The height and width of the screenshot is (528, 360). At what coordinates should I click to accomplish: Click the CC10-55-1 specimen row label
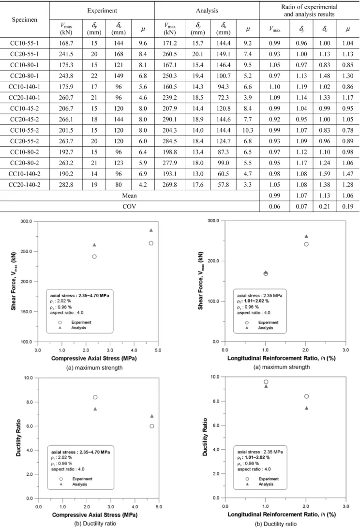coord(24,43)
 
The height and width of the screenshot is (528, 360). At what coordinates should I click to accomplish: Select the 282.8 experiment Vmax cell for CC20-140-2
coord(66,184)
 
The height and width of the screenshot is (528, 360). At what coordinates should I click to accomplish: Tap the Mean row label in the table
coord(129,196)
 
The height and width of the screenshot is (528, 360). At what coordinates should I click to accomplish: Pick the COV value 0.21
coord(325,207)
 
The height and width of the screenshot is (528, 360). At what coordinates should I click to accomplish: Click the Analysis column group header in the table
coord(207,11)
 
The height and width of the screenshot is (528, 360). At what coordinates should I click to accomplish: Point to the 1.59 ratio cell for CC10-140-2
coord(325,174)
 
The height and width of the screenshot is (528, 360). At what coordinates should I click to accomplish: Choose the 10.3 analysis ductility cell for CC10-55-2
coord(248,130)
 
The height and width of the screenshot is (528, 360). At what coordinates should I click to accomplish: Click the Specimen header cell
coord(25,19)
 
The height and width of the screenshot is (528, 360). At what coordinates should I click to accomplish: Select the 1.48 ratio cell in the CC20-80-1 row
coord(325,76)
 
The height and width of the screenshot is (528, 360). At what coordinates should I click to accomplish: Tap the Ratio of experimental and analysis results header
coord(309,11)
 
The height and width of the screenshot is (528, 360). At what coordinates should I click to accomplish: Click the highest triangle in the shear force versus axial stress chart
coord(151,230)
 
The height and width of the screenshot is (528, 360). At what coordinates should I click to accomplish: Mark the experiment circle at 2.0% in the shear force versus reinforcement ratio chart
coord(306,244)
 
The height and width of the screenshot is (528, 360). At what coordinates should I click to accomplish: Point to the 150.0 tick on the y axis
coord(26,312)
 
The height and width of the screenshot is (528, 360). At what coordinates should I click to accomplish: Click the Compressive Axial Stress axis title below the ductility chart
coord(95,515)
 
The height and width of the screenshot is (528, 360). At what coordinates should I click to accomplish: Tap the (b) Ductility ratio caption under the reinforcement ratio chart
coord(276,524)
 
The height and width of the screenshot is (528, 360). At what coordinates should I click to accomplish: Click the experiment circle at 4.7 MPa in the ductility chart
coord(152,426)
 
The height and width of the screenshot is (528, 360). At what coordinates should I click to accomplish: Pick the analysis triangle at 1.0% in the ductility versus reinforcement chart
coord(266,386)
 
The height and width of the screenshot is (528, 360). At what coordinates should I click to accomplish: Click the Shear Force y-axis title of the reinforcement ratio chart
coord(201,281)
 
